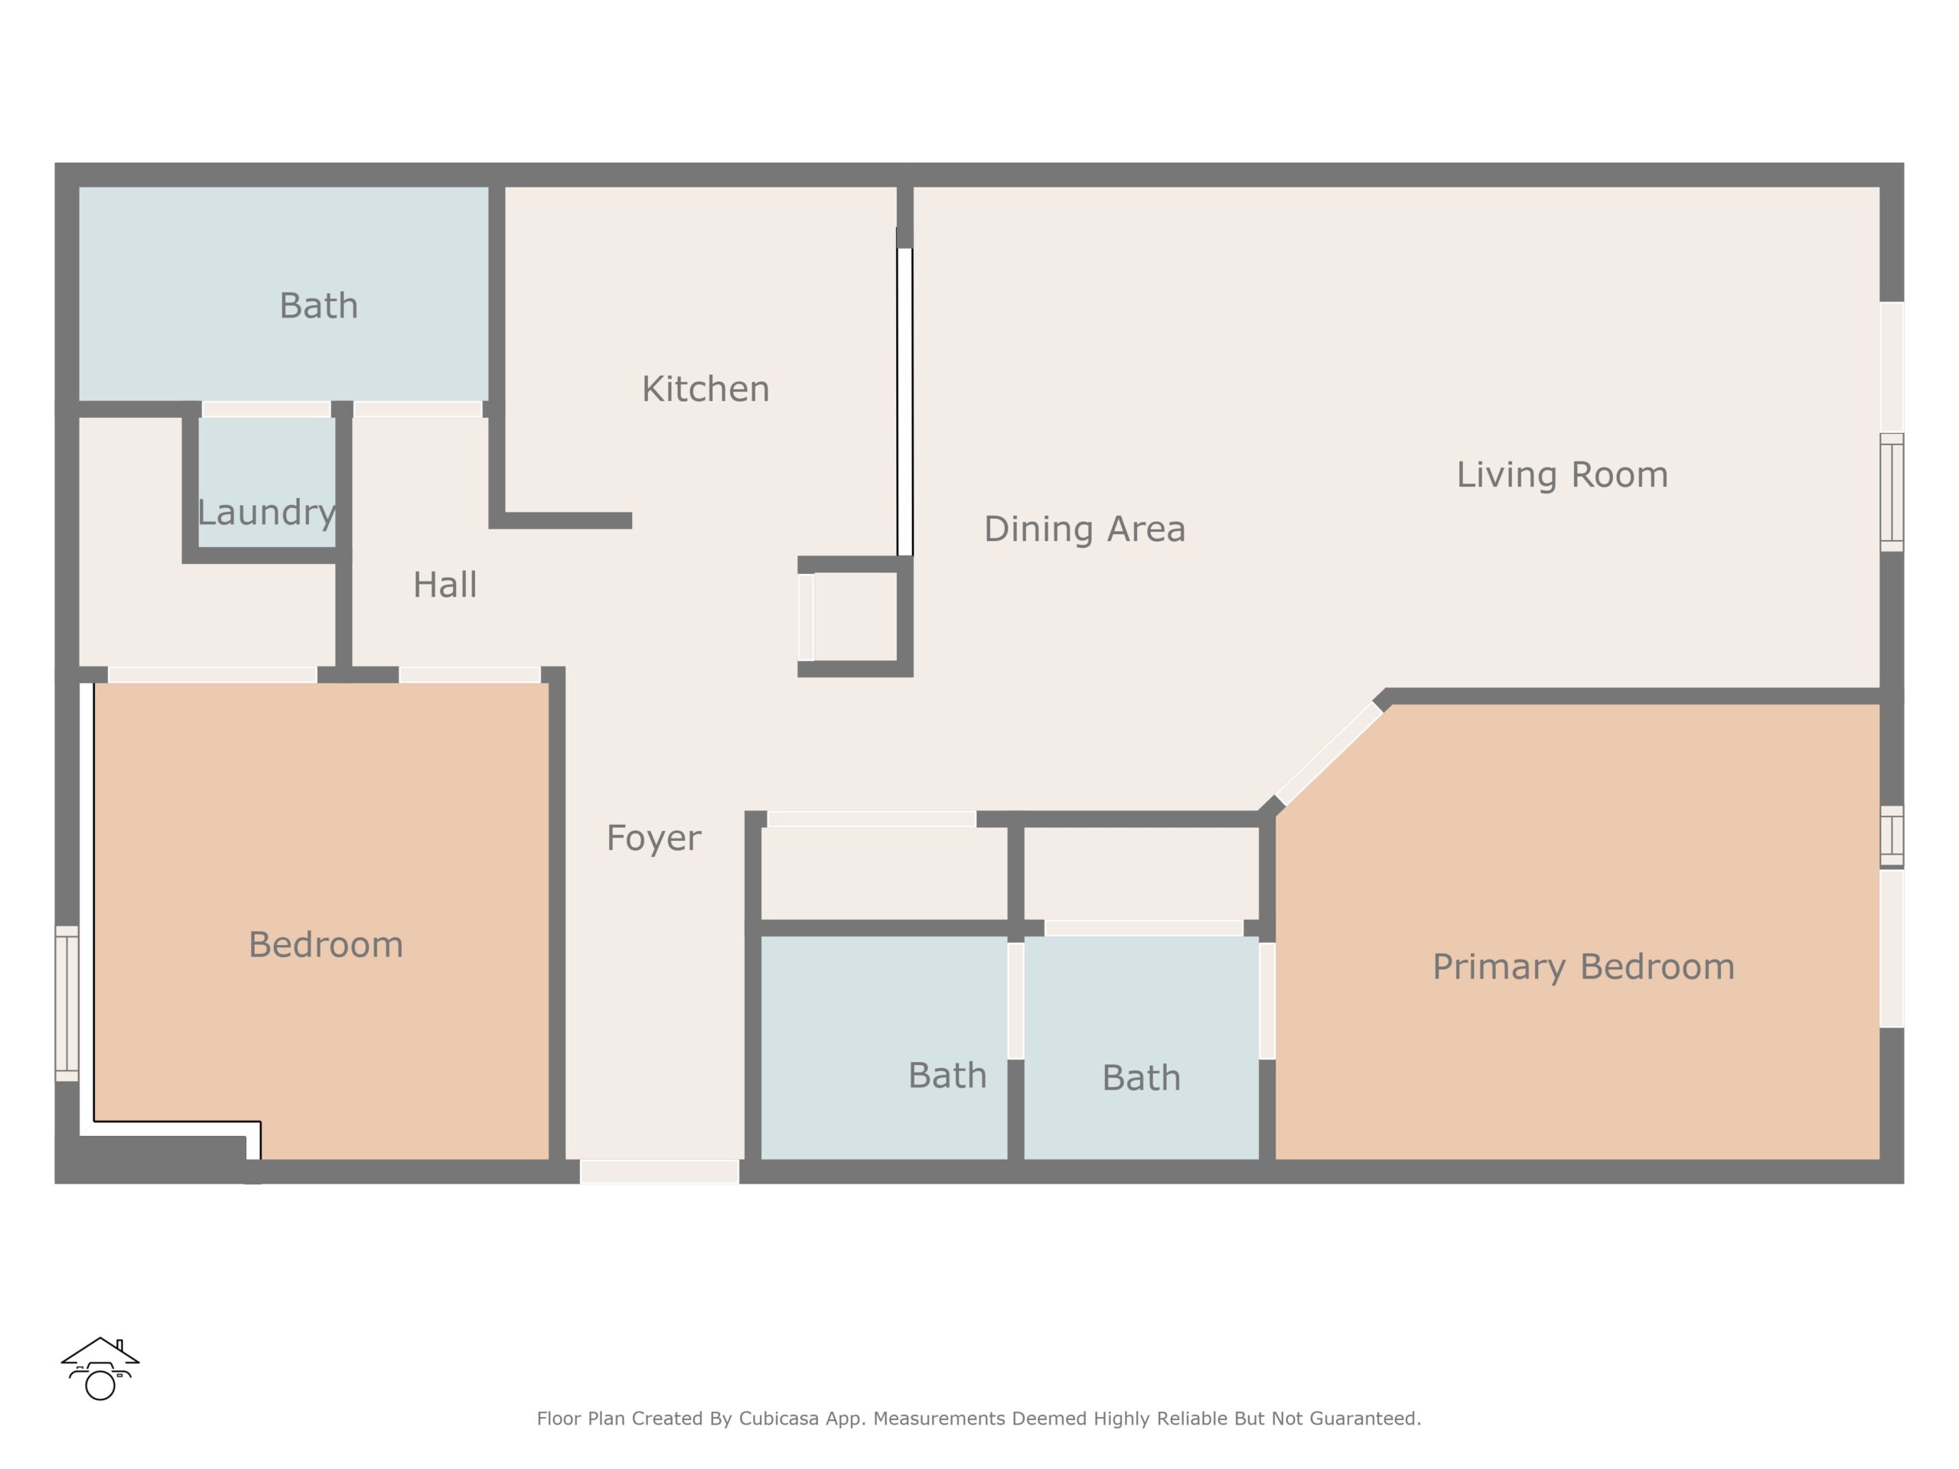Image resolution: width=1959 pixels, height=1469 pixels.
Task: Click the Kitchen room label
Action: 705,389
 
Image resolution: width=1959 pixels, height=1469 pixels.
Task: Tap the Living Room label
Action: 1563,474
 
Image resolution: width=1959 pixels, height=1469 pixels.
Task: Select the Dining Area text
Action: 1085,529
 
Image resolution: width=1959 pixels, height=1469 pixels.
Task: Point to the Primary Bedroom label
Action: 1583,967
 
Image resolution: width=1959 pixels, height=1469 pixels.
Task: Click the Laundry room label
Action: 266,513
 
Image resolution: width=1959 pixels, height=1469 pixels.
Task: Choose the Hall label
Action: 445,585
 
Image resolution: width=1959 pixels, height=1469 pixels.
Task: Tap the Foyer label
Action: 654,838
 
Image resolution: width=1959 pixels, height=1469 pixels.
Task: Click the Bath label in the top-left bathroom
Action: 319,305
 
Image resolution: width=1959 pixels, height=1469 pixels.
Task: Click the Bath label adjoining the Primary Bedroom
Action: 1142,1077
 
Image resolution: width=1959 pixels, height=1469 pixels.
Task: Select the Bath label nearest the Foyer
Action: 947,1075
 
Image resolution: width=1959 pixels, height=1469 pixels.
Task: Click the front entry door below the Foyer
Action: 660,1171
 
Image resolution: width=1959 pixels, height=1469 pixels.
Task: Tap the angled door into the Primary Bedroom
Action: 1329,753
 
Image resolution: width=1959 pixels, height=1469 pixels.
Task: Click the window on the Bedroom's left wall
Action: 67,1003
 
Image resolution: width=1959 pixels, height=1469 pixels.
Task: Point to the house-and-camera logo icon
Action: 100,1368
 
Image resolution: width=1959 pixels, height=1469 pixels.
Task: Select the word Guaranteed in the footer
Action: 1364,1419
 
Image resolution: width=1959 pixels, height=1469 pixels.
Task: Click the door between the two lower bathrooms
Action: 1015,1001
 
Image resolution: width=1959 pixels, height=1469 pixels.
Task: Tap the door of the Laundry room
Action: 266,409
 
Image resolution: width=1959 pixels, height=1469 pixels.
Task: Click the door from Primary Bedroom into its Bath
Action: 1267,1001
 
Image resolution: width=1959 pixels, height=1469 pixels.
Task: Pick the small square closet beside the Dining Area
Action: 856,617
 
